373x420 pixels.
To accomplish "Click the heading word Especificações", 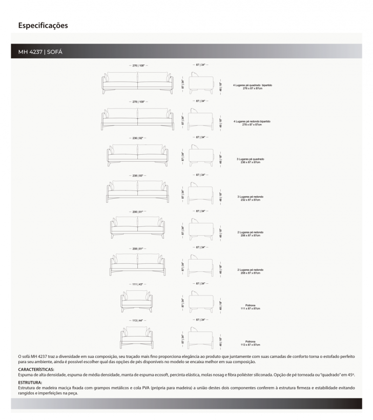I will coord(43,25).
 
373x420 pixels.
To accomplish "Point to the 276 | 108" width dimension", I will coord(137,66).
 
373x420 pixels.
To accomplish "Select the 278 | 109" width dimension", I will coord(137,102).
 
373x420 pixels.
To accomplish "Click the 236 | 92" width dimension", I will coord(137,138).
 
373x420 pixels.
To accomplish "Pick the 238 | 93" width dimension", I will coord(137,175).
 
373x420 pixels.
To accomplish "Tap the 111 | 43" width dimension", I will coord(136,283).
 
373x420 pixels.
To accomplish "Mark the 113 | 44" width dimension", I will coord(136,320).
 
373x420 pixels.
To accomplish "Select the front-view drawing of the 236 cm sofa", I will coord(137,155).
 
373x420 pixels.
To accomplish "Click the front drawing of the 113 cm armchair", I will coord(136,337).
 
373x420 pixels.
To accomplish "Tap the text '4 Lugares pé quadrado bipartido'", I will coord(252,85).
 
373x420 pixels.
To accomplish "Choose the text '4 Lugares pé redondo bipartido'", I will coord(252,121).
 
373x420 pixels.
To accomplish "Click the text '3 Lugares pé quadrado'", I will coord(251,159).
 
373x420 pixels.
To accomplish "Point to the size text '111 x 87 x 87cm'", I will coord(251,308).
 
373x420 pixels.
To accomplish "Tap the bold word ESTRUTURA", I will coord(30,382).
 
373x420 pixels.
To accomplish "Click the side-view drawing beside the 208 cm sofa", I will coord(200,264).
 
